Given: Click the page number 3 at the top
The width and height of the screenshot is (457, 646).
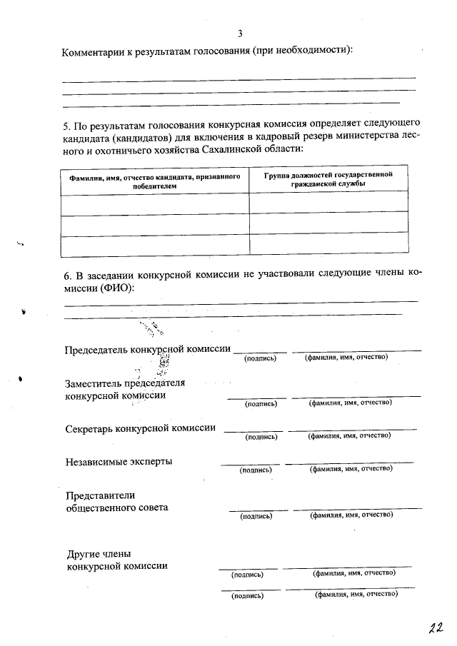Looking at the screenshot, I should coord(240,33).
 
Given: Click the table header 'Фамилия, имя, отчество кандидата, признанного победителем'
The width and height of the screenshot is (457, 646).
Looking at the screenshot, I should coord(154,181).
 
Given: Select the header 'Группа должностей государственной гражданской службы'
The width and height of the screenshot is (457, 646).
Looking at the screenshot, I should coord(328,179).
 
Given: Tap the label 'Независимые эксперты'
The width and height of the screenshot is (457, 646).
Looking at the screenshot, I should coord(119,461).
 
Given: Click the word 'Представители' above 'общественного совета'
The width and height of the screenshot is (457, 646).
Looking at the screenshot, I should coord(100,495).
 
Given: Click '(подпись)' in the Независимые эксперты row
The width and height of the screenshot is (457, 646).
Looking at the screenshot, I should coord(256,470).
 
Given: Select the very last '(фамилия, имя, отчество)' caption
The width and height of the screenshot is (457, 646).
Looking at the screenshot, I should coord(355,594).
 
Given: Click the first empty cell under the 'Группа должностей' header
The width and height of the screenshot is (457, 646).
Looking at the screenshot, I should coord(328,203).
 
